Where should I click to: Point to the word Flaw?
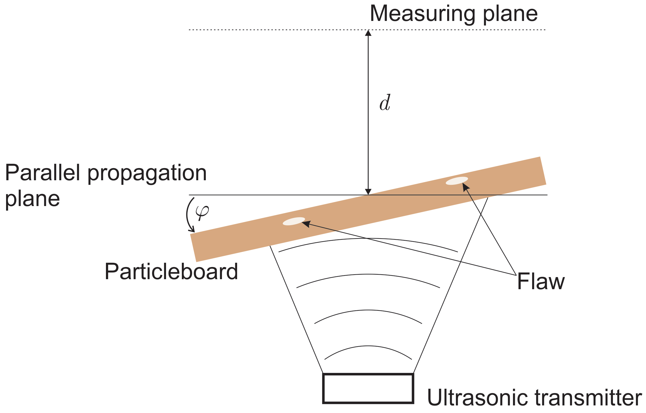click(x=541, y=282)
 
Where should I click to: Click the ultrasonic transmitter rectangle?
click(x=368, y=388)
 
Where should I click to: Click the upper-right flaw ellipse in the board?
click(x=457, y=181)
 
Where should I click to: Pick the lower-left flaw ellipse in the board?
click(x=294, y=221)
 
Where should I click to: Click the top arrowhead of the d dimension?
click(x=368, y=33)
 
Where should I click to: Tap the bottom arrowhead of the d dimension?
click(x=368, y=191)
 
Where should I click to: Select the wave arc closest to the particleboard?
click(x=368, y=239)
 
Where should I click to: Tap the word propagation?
click(x=147, y=174)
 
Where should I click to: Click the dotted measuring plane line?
click(x=273, y=30)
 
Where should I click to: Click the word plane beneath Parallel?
click(x=32, y=199)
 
